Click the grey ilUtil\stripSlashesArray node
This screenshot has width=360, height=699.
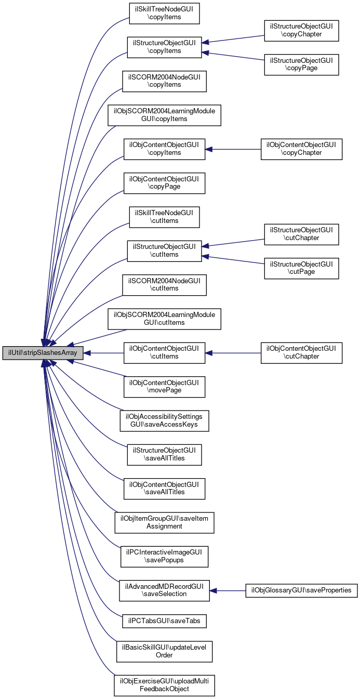(x=43, y=353)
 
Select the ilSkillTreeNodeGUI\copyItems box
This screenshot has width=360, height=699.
(x=164, y=14)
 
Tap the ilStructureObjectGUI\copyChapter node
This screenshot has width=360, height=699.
(x=301, y=31)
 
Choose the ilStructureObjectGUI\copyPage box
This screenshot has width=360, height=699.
(x=301, y=64)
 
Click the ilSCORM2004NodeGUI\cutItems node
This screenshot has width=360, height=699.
(x=164, y=285)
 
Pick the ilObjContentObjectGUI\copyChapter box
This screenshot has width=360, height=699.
(x=301, y=149)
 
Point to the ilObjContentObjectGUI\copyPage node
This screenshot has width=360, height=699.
(x=164, y=183)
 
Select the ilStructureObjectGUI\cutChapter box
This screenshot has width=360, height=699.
(x=301, y=234)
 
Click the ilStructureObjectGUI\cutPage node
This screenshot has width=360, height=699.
(x=301, y=268)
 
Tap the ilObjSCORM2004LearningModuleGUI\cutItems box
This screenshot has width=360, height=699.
(x=164, y=319)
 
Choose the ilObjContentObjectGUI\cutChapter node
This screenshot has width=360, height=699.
(x=301, y=353)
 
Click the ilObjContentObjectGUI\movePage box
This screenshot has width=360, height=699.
(x=164, y=387)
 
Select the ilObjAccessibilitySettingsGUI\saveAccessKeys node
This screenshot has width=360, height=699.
(x=164, y=421)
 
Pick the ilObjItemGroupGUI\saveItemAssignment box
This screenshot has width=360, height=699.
(x=164, y=523)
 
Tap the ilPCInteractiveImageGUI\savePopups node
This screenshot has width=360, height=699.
(x=164, y=557)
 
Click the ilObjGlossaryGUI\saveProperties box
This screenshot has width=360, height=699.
(x=301, y=590)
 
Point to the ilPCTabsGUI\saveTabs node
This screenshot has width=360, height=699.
(x=164, y=621)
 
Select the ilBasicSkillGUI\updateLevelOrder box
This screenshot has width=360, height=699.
(x=164, y=652)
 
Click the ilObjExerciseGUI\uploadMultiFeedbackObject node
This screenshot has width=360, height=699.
(x=164, y=685)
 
